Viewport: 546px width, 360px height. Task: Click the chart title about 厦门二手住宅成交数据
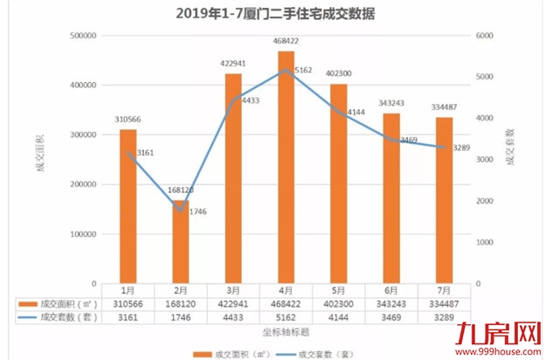pos(273,13)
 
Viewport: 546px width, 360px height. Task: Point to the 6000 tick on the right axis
pos(486,36)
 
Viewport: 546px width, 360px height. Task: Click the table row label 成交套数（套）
pos(64,318)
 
